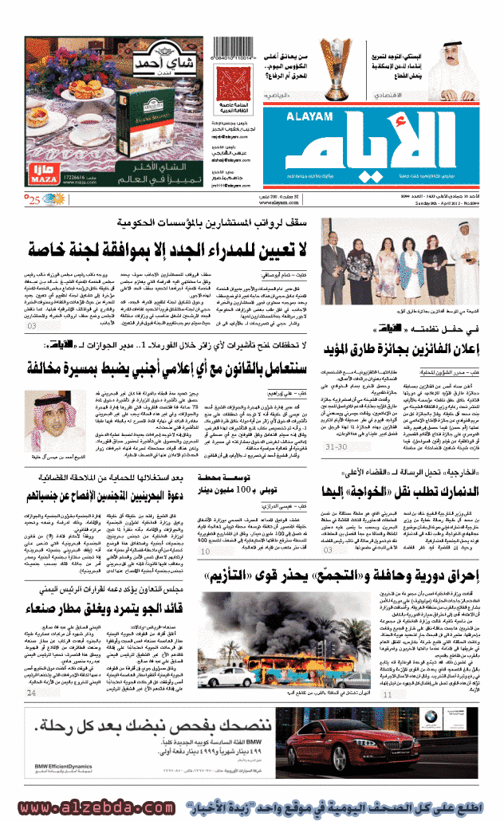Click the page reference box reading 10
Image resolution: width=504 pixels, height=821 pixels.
[x=206, y=549]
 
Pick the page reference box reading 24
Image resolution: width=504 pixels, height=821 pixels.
[x=31, y=693]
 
